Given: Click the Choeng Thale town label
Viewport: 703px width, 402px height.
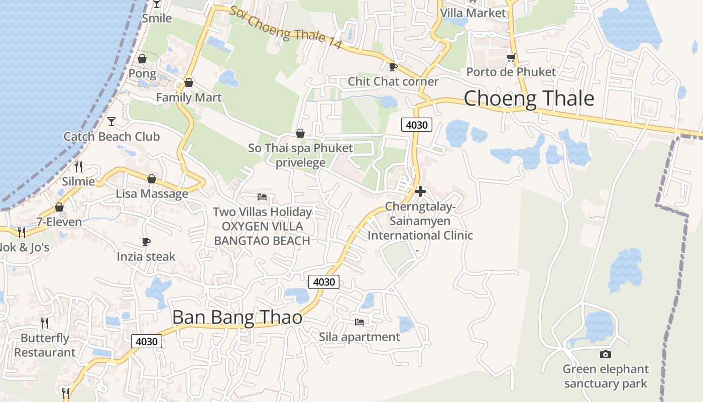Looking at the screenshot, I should (529, 98).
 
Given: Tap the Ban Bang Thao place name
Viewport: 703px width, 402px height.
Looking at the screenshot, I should (237, 318).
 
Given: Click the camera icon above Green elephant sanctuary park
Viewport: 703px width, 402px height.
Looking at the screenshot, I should (605, 355).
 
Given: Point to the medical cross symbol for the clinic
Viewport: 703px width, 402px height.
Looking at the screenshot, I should (420, 191).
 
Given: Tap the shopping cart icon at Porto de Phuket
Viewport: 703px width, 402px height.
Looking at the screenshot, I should (511, 58).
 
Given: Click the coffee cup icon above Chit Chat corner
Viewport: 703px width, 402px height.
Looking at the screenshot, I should (393, 67).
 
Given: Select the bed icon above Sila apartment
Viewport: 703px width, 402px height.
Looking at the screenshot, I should (360, 322).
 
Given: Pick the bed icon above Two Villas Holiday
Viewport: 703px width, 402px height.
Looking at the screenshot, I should (262, 196).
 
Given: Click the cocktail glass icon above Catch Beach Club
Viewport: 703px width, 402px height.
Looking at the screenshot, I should (111, 121).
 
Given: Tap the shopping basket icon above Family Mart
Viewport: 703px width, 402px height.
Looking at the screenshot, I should (189, 82).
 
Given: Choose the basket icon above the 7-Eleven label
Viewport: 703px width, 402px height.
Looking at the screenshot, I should (59, 207).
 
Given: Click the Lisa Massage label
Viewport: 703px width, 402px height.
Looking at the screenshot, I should (152, 193).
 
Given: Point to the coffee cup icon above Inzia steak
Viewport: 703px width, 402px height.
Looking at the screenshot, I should (146, 242).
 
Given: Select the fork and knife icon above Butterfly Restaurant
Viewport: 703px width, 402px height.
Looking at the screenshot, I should (45, 323).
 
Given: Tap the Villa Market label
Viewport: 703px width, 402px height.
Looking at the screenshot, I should (473, 13).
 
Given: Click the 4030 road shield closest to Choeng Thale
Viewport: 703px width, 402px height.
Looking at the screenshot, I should (417, 125).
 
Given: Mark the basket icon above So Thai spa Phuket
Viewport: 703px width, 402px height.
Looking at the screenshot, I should (300, 133).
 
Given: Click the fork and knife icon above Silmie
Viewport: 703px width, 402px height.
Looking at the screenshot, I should (78, 166).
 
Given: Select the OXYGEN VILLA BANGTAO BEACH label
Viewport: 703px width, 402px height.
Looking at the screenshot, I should (262, 234).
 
